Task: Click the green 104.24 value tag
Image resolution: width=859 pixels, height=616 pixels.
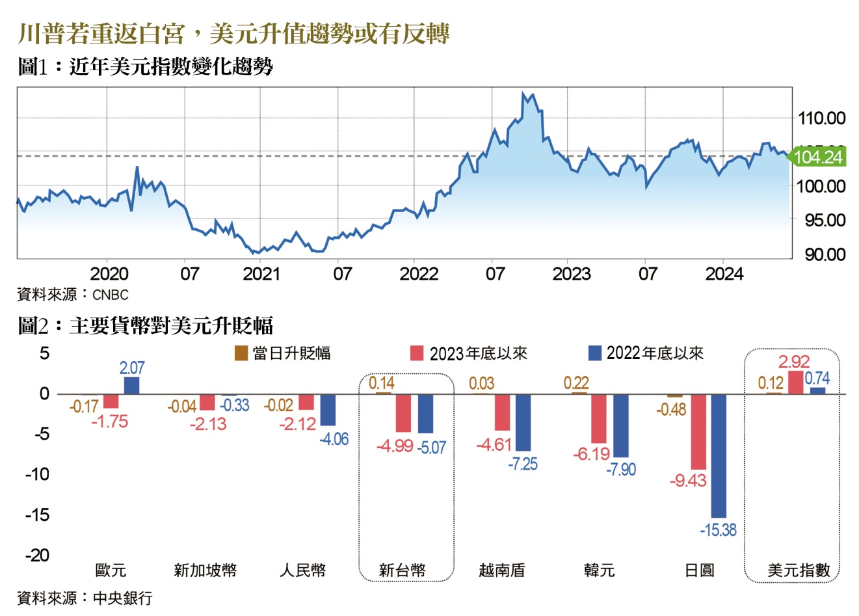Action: click(x=818, y=157)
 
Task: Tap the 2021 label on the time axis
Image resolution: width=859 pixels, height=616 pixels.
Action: click(x=261, y=274)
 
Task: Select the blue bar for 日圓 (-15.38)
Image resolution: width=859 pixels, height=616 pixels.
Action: click(x=719, y=455)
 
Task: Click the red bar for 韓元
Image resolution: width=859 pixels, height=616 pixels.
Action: click(x=598, y=418)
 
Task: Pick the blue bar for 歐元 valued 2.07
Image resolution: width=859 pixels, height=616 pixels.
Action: click(x=131, y=386)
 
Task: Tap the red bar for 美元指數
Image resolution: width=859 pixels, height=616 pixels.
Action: click(x=795, y=382)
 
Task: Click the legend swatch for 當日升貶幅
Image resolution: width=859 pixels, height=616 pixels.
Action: click(x=241, y=353)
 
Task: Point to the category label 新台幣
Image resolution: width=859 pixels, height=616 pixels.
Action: click(x=402, y=570)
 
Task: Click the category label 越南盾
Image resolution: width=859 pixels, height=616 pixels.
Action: click(x=501, y=570)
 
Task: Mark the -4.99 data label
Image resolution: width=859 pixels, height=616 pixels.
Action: click(x=395, y=447)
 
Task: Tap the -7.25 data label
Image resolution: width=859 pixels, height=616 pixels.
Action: click(x=523, y=464)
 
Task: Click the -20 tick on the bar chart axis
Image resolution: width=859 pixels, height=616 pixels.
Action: click(x=37, y=555)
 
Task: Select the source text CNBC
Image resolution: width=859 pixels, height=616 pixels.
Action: click(x=110, y=295)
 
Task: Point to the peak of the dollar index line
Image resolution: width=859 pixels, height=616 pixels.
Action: click(x=524, y=94)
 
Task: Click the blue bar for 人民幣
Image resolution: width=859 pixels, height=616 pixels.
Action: click(x=328, y=410)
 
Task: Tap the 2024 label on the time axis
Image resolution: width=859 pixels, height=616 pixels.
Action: click(x=724, y=274)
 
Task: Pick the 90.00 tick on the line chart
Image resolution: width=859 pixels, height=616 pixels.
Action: click(x=825, y=254)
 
